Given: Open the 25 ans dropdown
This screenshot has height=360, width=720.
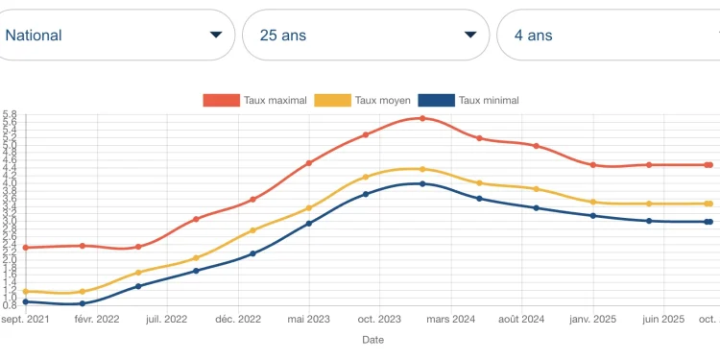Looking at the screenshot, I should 366,36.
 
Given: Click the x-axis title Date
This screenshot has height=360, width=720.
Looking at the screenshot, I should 372,340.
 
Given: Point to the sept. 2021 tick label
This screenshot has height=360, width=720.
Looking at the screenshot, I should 25,319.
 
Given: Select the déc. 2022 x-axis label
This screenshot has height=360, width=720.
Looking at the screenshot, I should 237,319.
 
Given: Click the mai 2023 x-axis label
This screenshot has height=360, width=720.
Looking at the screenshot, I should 309,319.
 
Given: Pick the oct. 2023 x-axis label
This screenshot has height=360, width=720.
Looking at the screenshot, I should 379,319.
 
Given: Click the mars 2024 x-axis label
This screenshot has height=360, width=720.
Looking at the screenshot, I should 450,319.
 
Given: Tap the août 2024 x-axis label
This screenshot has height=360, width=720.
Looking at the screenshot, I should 521,319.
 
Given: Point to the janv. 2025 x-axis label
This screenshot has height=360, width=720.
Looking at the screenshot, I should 593,319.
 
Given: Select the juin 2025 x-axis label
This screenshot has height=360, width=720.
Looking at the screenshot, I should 663,319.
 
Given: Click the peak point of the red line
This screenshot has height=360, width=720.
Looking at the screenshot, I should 422,118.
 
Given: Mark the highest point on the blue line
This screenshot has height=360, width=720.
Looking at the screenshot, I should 422,183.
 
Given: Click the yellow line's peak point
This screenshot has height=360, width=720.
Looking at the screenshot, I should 422,169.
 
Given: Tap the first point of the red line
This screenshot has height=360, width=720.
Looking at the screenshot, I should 26,248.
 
